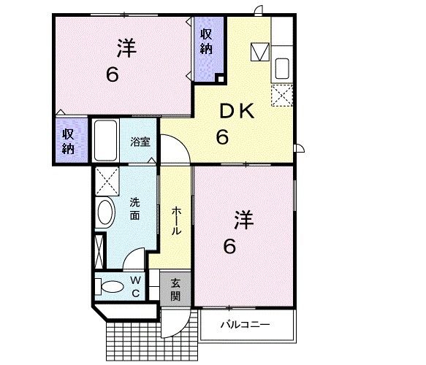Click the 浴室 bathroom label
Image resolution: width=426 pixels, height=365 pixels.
[140, 142]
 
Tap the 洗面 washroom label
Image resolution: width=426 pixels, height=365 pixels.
[136, 209]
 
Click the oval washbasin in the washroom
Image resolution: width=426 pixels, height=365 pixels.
[107, 213]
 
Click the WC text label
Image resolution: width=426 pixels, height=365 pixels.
[136, 285]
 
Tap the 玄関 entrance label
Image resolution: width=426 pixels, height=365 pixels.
[175, 290]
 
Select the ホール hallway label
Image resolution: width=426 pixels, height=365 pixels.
[177, 220]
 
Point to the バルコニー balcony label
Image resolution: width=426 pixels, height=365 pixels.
[246, 323]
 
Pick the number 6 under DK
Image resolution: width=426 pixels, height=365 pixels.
[221, 136]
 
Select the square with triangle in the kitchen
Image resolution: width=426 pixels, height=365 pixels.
[259, 52]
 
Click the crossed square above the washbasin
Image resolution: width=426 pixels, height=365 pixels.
[107, 179]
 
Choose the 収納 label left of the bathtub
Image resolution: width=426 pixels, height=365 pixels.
[69, 140]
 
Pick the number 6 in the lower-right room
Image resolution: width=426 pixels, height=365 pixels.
[229, 247]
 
